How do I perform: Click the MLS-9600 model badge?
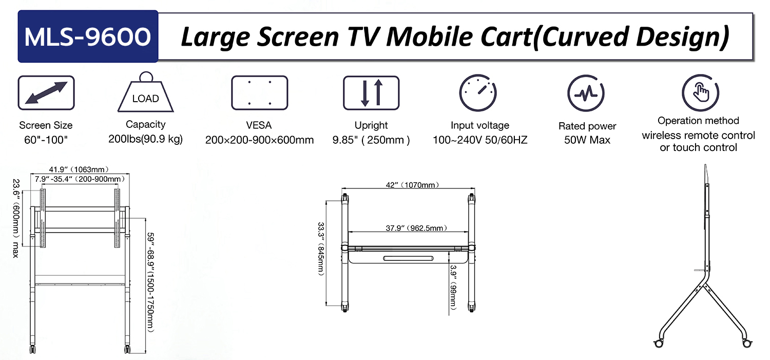[88, 36]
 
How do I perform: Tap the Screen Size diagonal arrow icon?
[46, 93]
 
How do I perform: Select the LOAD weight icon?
[146, 92]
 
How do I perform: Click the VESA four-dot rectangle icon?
[260, 93]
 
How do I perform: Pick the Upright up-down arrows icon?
[371, 93]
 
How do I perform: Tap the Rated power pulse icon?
[586, 93]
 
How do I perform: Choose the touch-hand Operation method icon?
[701, 93]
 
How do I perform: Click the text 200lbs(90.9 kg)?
[145, 139]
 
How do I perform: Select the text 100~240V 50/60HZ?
[480, 140]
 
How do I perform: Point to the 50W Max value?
[587, 140]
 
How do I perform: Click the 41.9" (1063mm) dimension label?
[79, 169]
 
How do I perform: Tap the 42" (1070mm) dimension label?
[413, 185]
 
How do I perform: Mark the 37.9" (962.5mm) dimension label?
[416, 228]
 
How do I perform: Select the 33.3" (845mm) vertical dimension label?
[321, 249]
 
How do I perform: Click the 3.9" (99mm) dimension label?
[453, 287]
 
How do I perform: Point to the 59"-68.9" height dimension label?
[150, 282]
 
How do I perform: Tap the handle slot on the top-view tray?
[408, 258]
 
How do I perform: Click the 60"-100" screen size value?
[46, 140]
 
